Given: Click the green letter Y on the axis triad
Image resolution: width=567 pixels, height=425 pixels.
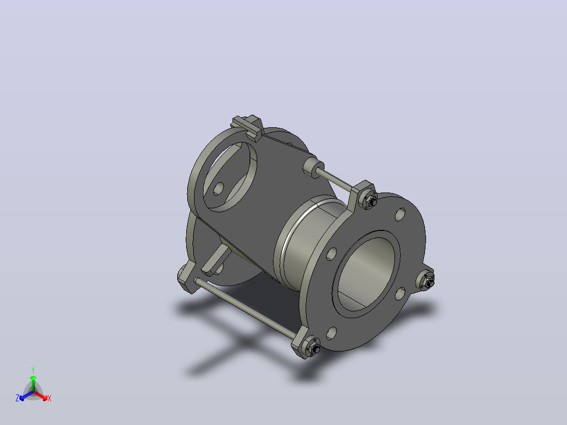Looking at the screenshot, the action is [33, 370].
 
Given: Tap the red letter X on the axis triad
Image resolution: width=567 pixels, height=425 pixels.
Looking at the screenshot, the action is [49, 398].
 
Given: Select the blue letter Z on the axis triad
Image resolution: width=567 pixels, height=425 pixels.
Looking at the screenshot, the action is [17, 398].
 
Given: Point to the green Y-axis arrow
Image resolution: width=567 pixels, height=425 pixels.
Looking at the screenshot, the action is [33, 383].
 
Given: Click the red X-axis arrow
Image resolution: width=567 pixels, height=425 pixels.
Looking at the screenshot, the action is [40, 396].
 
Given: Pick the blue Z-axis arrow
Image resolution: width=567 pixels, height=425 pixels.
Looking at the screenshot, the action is [26, 396].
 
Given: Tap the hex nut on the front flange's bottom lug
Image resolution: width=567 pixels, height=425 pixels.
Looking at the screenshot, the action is [313, 347].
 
